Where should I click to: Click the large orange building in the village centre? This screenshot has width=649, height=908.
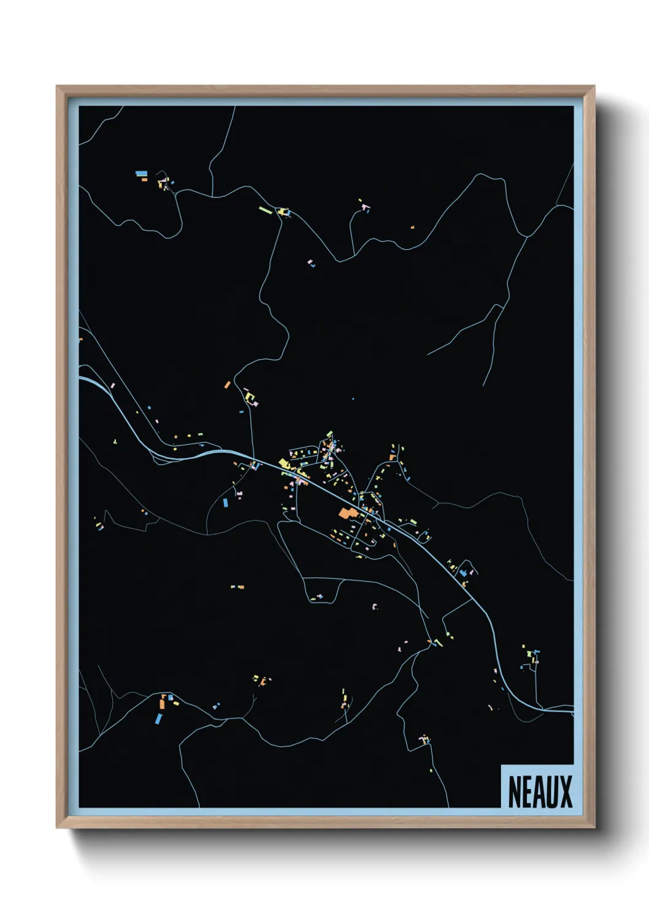point(346,513)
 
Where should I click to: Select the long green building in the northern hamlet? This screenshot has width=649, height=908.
point(266,209)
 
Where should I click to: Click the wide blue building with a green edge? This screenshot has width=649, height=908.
point(141,174)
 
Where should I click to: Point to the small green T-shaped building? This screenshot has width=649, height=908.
point(115,441)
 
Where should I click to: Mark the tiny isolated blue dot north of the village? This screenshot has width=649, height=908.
point(353,399)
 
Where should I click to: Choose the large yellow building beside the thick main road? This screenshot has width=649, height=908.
point(284,463)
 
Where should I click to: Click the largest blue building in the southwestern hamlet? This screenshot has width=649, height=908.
point(159,718)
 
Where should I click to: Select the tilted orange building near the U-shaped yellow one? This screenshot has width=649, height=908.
point(228,385)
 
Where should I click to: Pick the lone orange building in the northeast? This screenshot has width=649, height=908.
point(412,228)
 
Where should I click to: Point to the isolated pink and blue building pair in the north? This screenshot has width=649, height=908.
point(311,264)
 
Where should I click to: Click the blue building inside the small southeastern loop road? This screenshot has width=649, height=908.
point(463,573)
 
